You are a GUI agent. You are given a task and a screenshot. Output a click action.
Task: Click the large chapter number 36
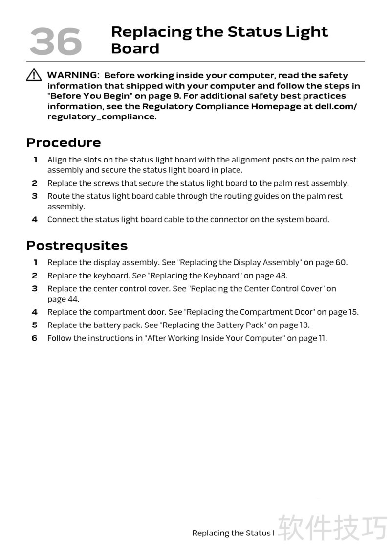pos(55,41)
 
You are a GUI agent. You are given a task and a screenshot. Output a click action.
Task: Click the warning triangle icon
pos(34,75)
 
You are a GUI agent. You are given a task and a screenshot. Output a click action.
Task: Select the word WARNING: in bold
pos(73,75)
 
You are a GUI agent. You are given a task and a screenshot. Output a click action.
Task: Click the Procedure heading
pos(64,143)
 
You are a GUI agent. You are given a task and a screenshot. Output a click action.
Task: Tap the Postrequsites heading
pos(77,246)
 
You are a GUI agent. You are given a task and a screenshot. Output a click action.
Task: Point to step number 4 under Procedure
pos(35,220)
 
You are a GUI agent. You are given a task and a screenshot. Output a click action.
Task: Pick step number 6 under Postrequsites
pos(35,338)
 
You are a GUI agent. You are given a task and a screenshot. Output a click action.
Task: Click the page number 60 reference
pos(340,263)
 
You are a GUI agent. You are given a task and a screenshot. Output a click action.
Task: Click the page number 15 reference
pos(353,312)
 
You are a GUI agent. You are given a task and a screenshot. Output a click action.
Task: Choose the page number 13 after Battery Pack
pos(304,325)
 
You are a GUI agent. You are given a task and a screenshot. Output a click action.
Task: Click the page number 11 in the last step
pos(322,338)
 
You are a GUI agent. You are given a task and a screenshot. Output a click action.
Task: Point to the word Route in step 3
pos(58,196)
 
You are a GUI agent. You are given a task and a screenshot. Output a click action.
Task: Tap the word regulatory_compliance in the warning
pos(102,117)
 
